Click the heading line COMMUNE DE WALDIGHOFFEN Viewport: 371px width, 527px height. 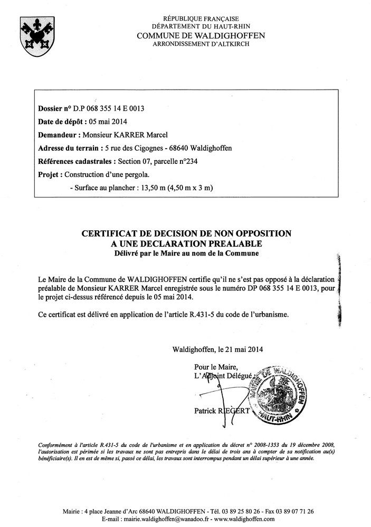(x=201, y=35)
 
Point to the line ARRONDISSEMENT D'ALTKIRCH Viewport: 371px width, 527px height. (x=201, y=44)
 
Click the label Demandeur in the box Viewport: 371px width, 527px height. (x=58, y=135)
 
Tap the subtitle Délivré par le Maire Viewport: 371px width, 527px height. (x=185, y=253)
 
